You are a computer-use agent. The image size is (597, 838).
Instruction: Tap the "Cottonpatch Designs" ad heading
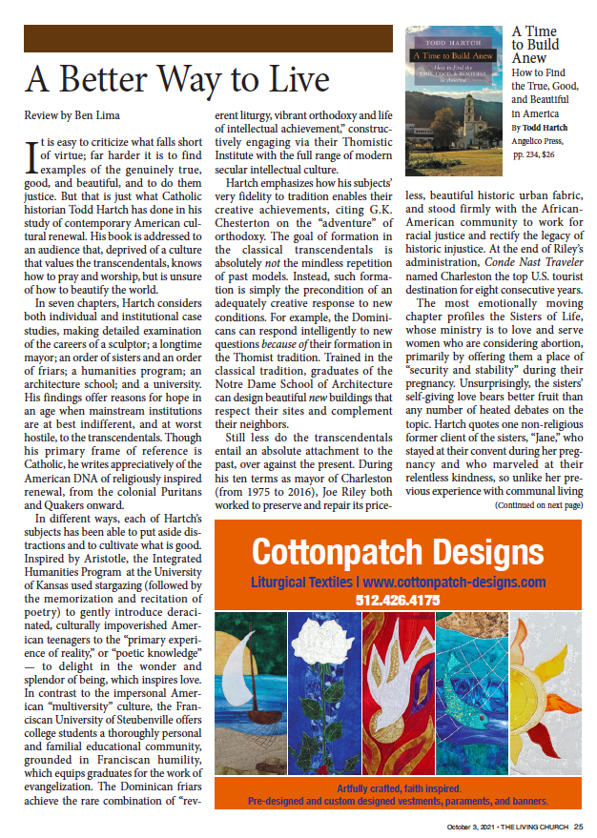click(398, 552)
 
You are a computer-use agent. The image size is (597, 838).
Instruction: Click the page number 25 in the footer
click(578, 828)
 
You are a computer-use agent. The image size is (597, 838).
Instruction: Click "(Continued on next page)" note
click(539, 504)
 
